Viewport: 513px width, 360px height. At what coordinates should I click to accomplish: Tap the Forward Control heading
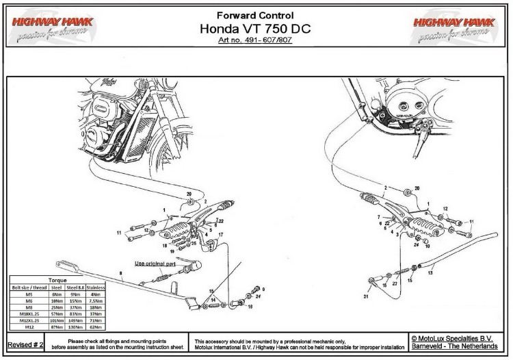(255, 14)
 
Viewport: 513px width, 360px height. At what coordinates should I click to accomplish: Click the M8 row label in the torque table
(29, 309)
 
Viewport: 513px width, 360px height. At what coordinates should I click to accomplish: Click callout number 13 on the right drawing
(430, 272)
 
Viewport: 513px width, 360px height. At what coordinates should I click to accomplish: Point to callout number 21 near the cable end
(366, 297)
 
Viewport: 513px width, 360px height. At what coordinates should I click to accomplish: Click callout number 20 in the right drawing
(417, 188)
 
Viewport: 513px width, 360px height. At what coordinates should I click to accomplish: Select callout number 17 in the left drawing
(221, 235)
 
